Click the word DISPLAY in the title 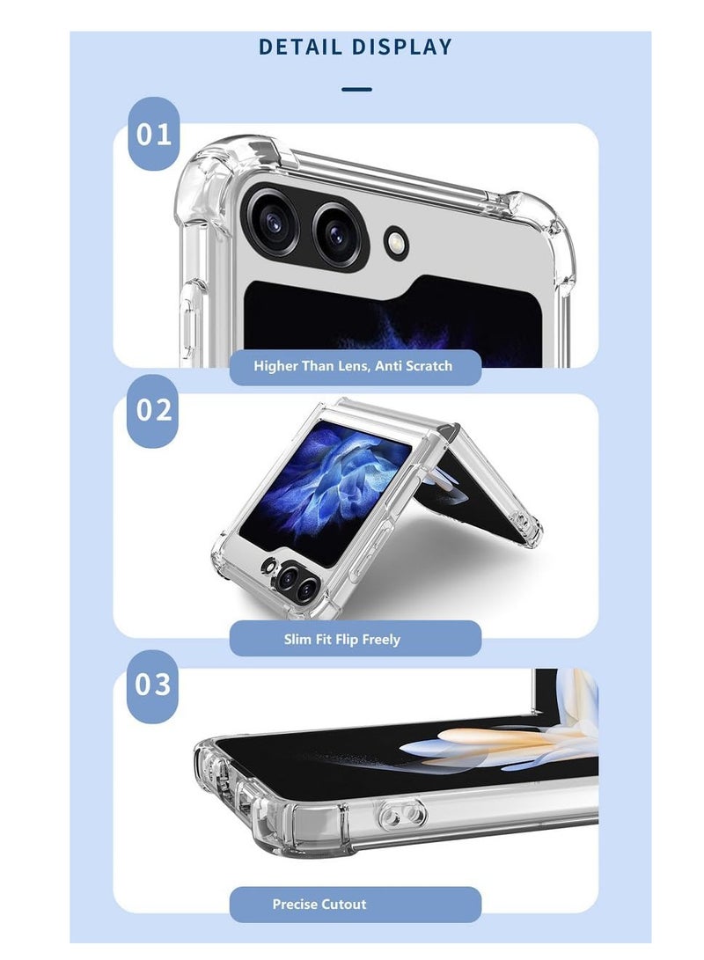coord(403,47)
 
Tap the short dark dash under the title coord(356,89)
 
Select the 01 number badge coord(154,135)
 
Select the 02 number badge coord(154,410)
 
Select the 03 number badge coord(154,685)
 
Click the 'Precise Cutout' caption coord(319,904)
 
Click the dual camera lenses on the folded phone coord(295,581)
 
